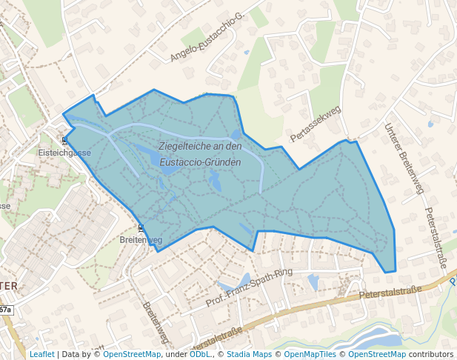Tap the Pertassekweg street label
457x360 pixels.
pos(315,124)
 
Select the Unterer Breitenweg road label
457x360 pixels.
pos(404,159)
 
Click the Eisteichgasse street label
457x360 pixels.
pos(64,153)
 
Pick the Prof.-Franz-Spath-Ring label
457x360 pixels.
pos(250,288)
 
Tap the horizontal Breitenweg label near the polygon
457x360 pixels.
pos(141,241)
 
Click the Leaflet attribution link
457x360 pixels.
pos(41,354)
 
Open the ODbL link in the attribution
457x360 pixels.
pos(200,354)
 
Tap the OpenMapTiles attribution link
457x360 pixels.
pos(309,354)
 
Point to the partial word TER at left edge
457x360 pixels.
pos(9,285)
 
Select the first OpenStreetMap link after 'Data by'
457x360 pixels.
pos(132,354)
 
